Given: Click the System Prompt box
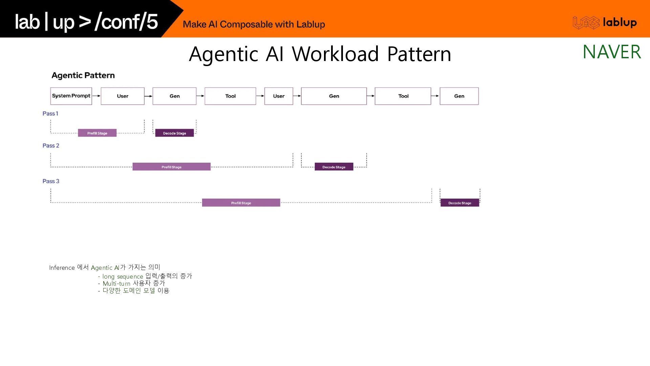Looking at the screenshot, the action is [71, 96].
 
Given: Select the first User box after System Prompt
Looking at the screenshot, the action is [123, 96].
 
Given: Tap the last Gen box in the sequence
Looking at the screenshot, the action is [459, 96].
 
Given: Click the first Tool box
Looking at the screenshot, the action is [230, 96].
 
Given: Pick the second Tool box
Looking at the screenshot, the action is [403, 96].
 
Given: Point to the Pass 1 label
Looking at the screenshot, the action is [50, 114].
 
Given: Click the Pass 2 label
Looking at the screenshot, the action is [51, 146].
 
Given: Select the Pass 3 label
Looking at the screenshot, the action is [51, 181].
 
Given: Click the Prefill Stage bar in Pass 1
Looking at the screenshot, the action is [97, 133].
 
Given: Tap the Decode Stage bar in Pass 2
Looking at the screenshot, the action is [334, 167].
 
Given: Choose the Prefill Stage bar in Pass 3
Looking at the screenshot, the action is [241, 203].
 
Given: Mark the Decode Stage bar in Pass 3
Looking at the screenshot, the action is [460, 203].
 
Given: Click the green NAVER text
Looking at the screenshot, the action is [612, 52].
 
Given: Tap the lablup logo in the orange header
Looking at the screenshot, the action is [605, 23].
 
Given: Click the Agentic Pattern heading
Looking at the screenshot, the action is [83, 75].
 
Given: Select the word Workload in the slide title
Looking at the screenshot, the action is [335, 54].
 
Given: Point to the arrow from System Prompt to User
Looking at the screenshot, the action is [96, 96].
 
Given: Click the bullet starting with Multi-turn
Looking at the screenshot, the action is [133, 283].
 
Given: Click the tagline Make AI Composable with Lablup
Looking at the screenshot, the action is [254, 24].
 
